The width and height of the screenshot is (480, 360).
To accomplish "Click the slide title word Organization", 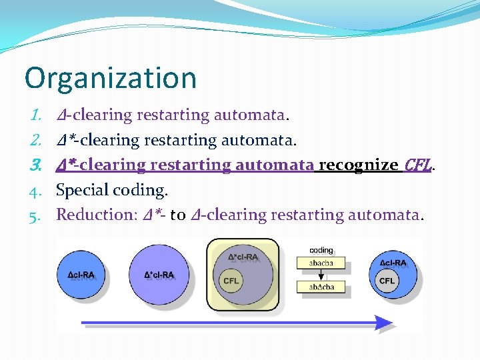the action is pyautogui.click(x=111, y=77).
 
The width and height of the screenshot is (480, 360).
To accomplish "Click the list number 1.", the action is pyautogui.click(x=37, y=115).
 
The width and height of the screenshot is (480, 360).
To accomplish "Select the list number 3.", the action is pyautogui.click(x=37, y=165).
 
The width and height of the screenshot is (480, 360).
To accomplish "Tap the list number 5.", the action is pyautogui.click(x=37, y=215).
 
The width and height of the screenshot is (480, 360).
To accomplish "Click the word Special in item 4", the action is pyautogui.click(x=82, y=190).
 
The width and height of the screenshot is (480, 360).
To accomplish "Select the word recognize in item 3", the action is pyautogui.click(x=359, y=165).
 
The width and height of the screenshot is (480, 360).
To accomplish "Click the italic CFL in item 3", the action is pyautogui.click(x=418, y=165).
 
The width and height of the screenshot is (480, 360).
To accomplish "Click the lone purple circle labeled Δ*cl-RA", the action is pyautogui.click(x=159, y=274).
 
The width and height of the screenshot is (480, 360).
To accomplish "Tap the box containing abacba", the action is pyautogui.click(x=321, y=263).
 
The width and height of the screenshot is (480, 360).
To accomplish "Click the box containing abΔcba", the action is pyautogui.click(x=321, y=287).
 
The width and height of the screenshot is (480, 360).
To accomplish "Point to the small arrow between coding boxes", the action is pyautogui.click(x=321, y=275).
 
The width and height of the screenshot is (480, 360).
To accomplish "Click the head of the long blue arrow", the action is pyautogui.click(x=383, y=323).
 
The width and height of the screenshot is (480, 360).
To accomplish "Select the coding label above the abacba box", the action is pyautogui.click(x=321, y=251).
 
